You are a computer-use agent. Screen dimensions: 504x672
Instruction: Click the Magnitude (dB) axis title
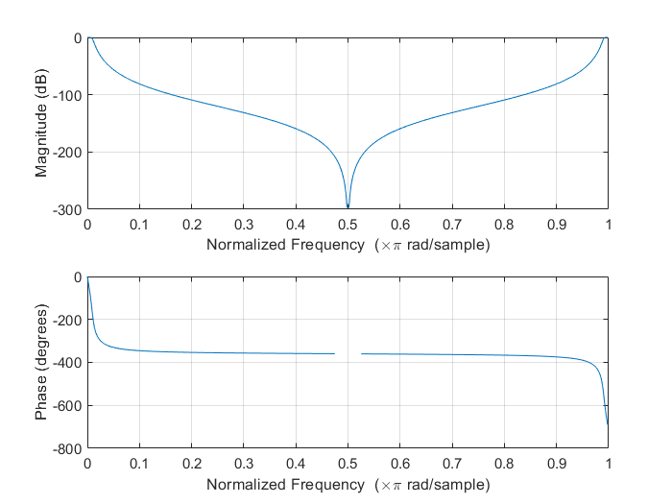pos(42,123)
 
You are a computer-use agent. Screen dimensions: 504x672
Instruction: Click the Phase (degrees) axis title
pos(42,363)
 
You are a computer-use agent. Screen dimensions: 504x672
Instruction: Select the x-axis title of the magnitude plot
pos(348,245)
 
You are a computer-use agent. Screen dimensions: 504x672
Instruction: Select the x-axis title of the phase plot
pos(348,485)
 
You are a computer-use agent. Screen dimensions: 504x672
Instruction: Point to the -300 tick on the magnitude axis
pos(69,209)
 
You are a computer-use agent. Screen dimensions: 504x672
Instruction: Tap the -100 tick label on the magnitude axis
pos(69,95)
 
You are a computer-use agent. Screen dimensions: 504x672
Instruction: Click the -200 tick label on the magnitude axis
pos(69,153)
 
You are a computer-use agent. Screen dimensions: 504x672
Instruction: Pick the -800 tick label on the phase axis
pos(69,448)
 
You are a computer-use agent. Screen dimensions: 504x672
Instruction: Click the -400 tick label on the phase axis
pos(69,363)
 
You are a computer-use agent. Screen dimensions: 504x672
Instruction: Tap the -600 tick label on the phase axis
pos(69,406)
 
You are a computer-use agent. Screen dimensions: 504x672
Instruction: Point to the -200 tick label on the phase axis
pos(69,320)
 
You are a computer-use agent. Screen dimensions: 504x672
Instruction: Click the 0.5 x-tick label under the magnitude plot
pos(348,225)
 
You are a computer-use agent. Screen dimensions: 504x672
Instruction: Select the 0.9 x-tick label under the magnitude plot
pos(556,225)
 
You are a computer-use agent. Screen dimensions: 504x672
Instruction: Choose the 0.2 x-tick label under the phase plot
pos(191,465)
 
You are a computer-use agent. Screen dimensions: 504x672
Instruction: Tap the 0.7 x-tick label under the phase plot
pos(451,465)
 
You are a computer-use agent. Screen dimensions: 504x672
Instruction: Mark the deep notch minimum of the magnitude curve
pos(348,206)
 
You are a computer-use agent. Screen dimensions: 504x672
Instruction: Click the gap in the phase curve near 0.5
pos(348,353)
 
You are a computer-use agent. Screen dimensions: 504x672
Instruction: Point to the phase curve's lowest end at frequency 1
pos(608,424)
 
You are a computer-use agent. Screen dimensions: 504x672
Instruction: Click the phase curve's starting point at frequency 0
pos(87,277)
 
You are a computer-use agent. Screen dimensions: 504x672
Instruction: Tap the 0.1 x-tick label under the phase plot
pos(139,465)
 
